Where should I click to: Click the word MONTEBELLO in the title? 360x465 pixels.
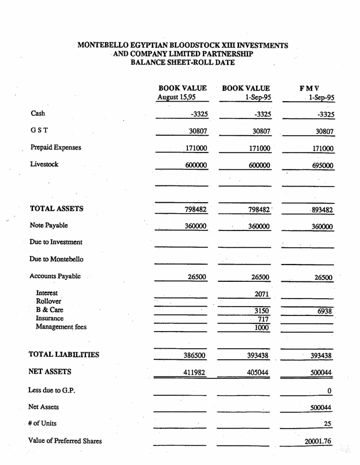click(x=106, y=44)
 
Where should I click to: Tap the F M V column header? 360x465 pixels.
click(x=309, y=88)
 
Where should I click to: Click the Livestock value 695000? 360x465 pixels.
click(x=320, y=166)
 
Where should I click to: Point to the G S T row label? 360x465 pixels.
click(x=40, y=131)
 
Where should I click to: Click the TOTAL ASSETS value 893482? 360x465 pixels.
click(x=320, y=210)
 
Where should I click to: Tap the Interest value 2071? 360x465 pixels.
click(x=262, y=295)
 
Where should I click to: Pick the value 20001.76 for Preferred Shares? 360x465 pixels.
click(x=318, y=442)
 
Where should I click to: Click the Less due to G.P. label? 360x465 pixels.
click(x=55, y=390)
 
